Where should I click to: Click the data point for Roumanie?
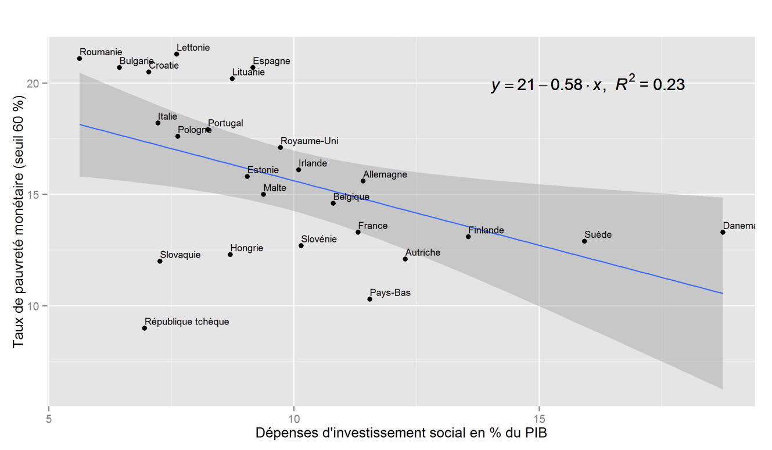coord(80,59)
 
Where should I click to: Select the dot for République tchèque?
coord(145,328)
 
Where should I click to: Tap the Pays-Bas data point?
coord(369,299)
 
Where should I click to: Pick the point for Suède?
coord(584,241)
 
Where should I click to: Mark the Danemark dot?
coord(723,232)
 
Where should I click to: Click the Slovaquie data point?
coord(160,261)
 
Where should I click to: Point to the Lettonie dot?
coord(177,54)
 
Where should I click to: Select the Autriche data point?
coord(405,259)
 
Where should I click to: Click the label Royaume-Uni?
coord(309,141)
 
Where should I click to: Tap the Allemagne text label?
coord(385,174)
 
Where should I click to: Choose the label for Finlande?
coord(486,230)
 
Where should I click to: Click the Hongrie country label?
coord(246,248)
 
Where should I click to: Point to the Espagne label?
coord(271,61)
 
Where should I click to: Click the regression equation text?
coord(587,85)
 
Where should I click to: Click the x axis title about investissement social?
coord(401,434)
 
